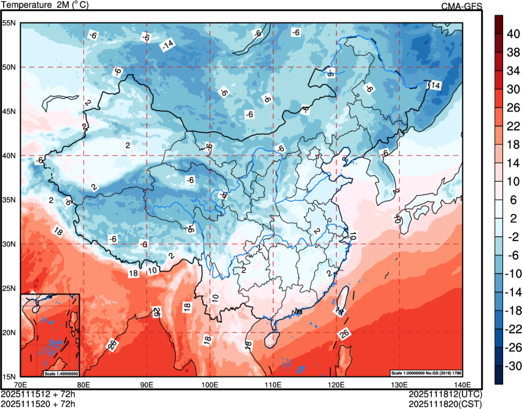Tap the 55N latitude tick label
pyautogui.click(x=10, y=23)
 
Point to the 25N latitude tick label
pyautogui.click(x=10, y=288)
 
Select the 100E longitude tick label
pyautogui.click(x=210, y=384)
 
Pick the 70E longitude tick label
pyautogui.click(x=21, y=384)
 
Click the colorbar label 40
pyautogui.click(x=513, y=35)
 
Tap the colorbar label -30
pyautogui.click(x=513, y=366)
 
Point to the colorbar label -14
pyautogui.click(x=513, y=292)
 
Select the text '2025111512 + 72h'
pyautogui.click(x=38, y=394)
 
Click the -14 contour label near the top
pyautogui.click(x=167, y=44)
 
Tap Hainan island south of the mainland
pyautogui.click(x=273, y=335)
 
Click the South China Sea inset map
pyautogui.click(x=50, y=334)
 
